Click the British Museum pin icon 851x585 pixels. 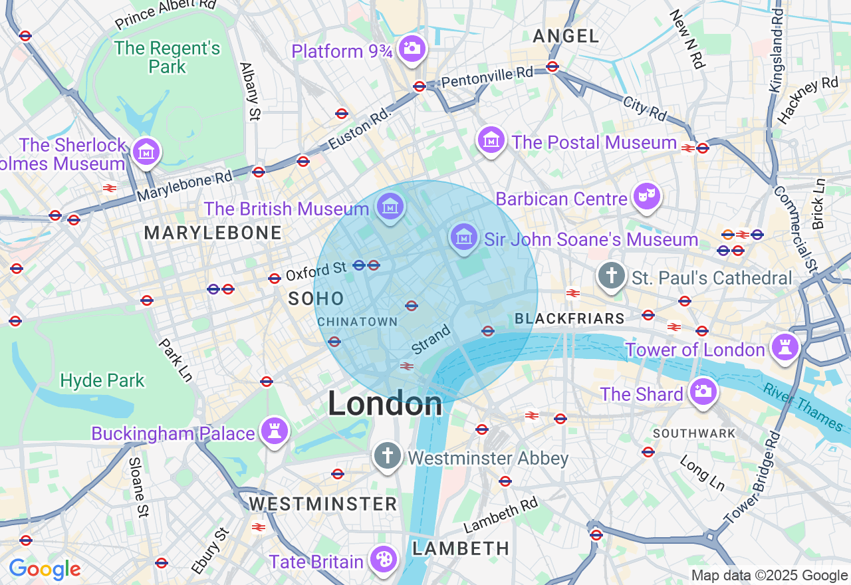390,207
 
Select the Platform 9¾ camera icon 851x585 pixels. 412,49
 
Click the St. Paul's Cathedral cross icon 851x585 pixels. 611,276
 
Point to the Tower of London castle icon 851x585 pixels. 785,347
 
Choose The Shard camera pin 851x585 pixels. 703,392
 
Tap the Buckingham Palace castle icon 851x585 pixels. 274,431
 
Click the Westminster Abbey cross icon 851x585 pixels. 387,457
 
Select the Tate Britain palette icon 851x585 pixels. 384,560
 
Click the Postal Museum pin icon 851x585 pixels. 491,140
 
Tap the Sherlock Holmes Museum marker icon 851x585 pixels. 145,152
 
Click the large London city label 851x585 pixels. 385,404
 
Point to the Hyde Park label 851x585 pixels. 102,381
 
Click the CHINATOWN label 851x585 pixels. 357,322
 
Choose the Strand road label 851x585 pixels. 431,339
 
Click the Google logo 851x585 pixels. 45,569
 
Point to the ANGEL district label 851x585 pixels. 566,37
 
